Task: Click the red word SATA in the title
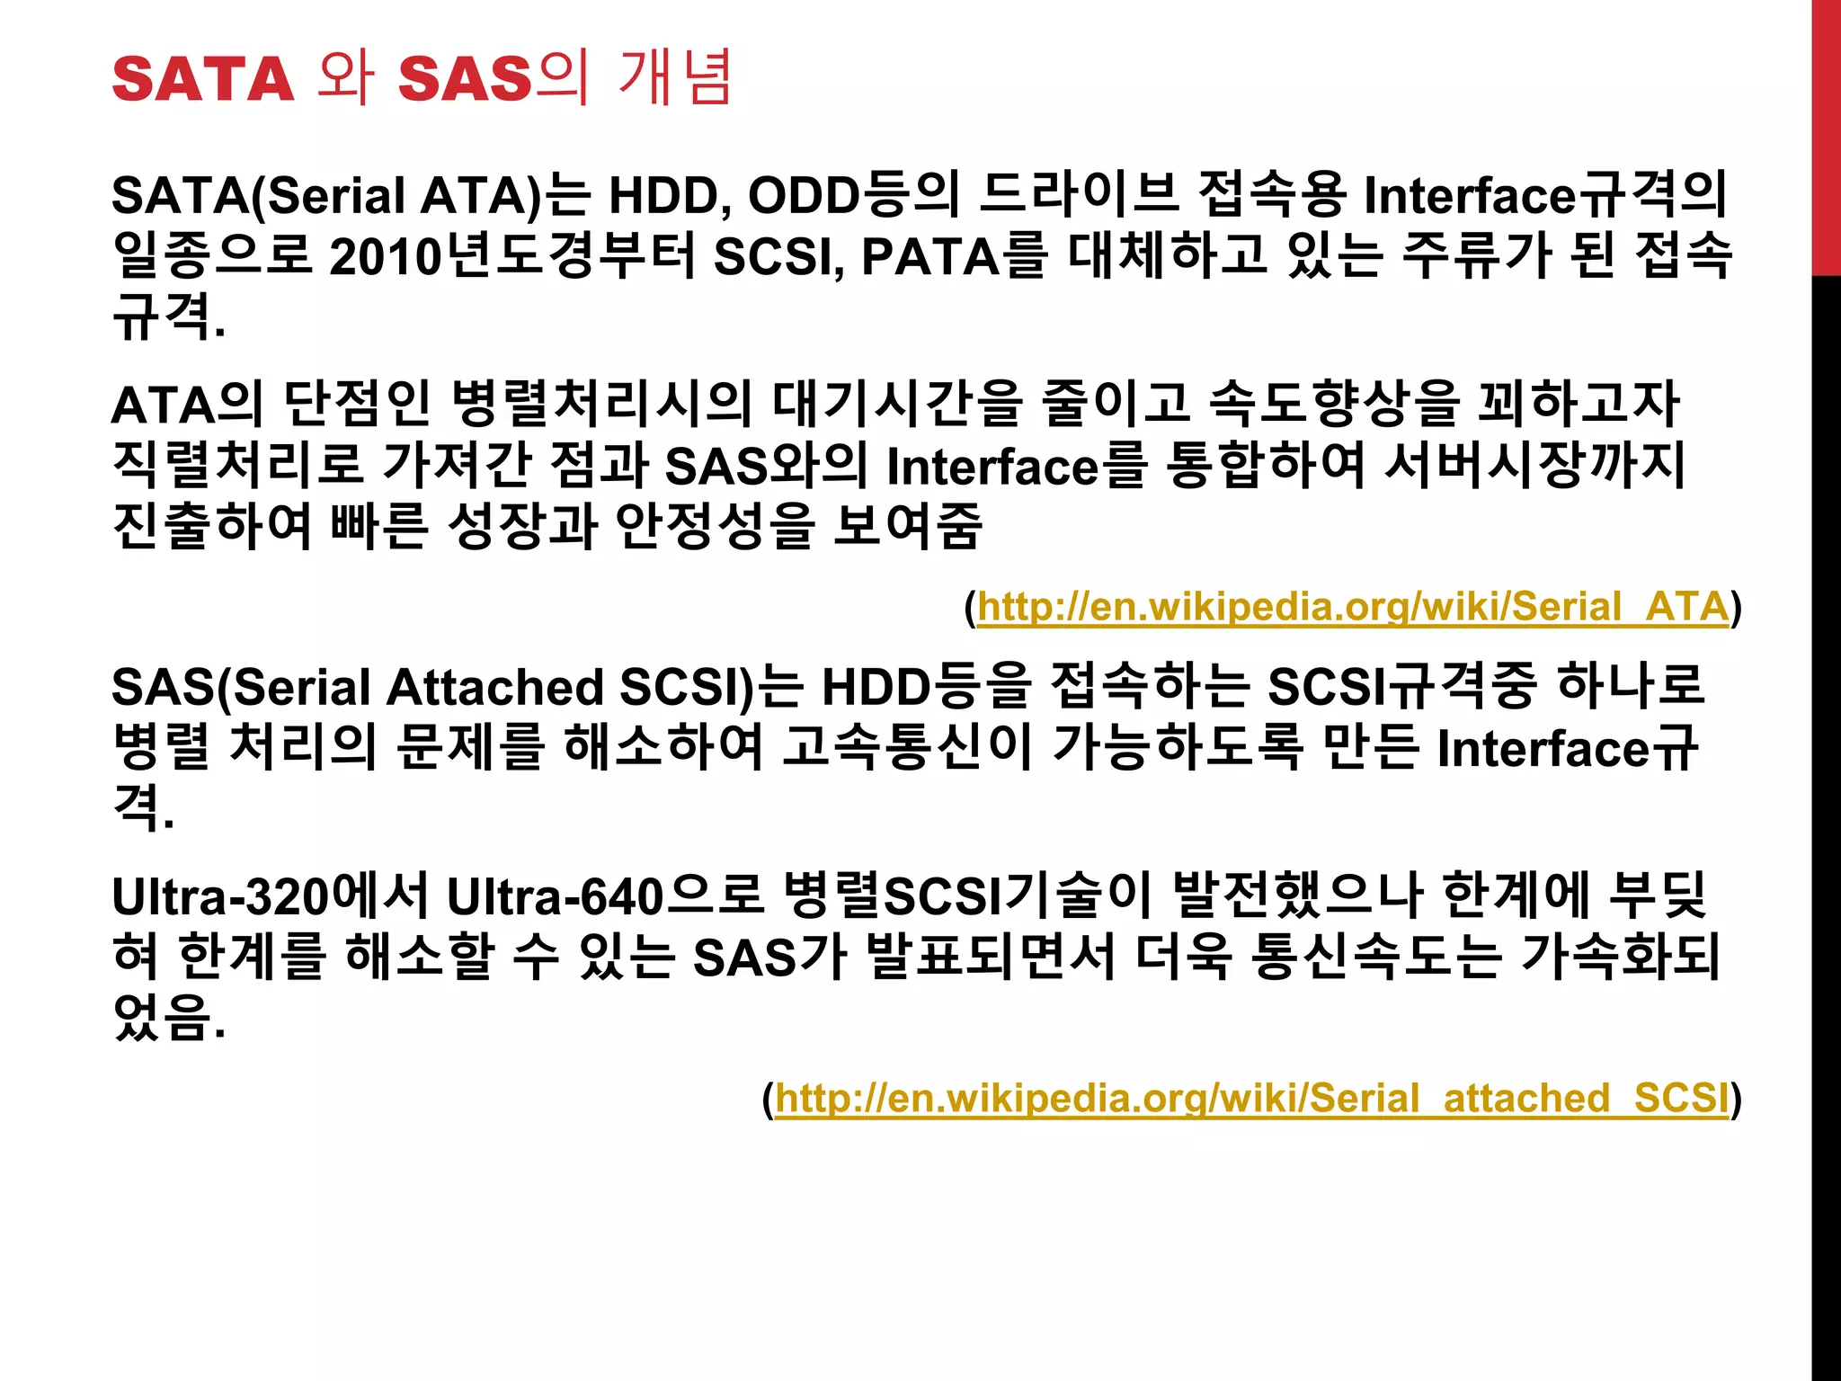pyautogui.click(x=203, y=79)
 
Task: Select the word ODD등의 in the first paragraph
pyautogui.click(x=854, y=195)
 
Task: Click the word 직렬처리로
pyautogui.click(x=238, y=465)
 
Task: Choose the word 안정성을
pyautogui.click(x=716, y=526)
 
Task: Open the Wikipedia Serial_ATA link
pyautogui.click(x=1352, y=607)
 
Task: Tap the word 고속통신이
pyautogui.click(x=907, y=747)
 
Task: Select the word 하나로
pyautogui.click(x=1631, y=687)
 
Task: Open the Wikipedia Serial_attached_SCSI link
pyautogui.click(x=1251, y=1099)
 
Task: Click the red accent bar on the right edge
pyautogui.click(x=1826, y=135)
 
